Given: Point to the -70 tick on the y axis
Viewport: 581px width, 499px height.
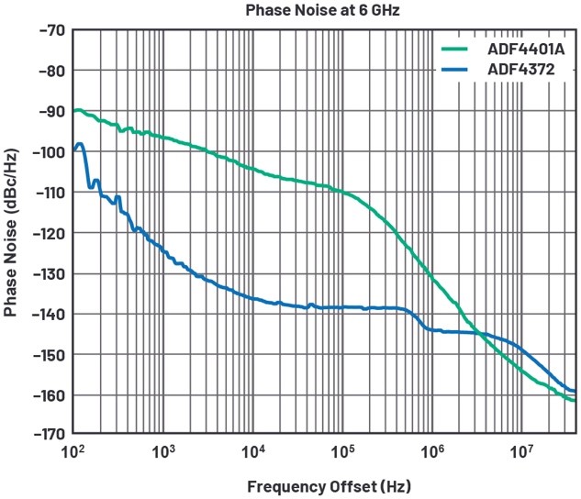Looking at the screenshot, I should (46, 30).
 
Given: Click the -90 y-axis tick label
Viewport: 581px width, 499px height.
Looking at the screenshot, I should (46, 111).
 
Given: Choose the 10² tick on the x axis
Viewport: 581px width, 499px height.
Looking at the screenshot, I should (74, 450).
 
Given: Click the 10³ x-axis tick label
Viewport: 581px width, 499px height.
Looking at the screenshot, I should (163, 450).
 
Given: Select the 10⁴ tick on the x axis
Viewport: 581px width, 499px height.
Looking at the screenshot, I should (253, 450).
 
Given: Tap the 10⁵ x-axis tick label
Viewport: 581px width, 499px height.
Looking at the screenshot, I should (342, 450).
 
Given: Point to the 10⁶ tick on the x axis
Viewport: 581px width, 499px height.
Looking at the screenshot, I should (432, 450).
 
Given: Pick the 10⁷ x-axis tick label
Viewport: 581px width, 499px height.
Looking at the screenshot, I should (521, 450).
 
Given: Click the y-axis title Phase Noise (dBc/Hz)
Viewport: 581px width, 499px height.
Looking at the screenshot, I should (12, 233).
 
